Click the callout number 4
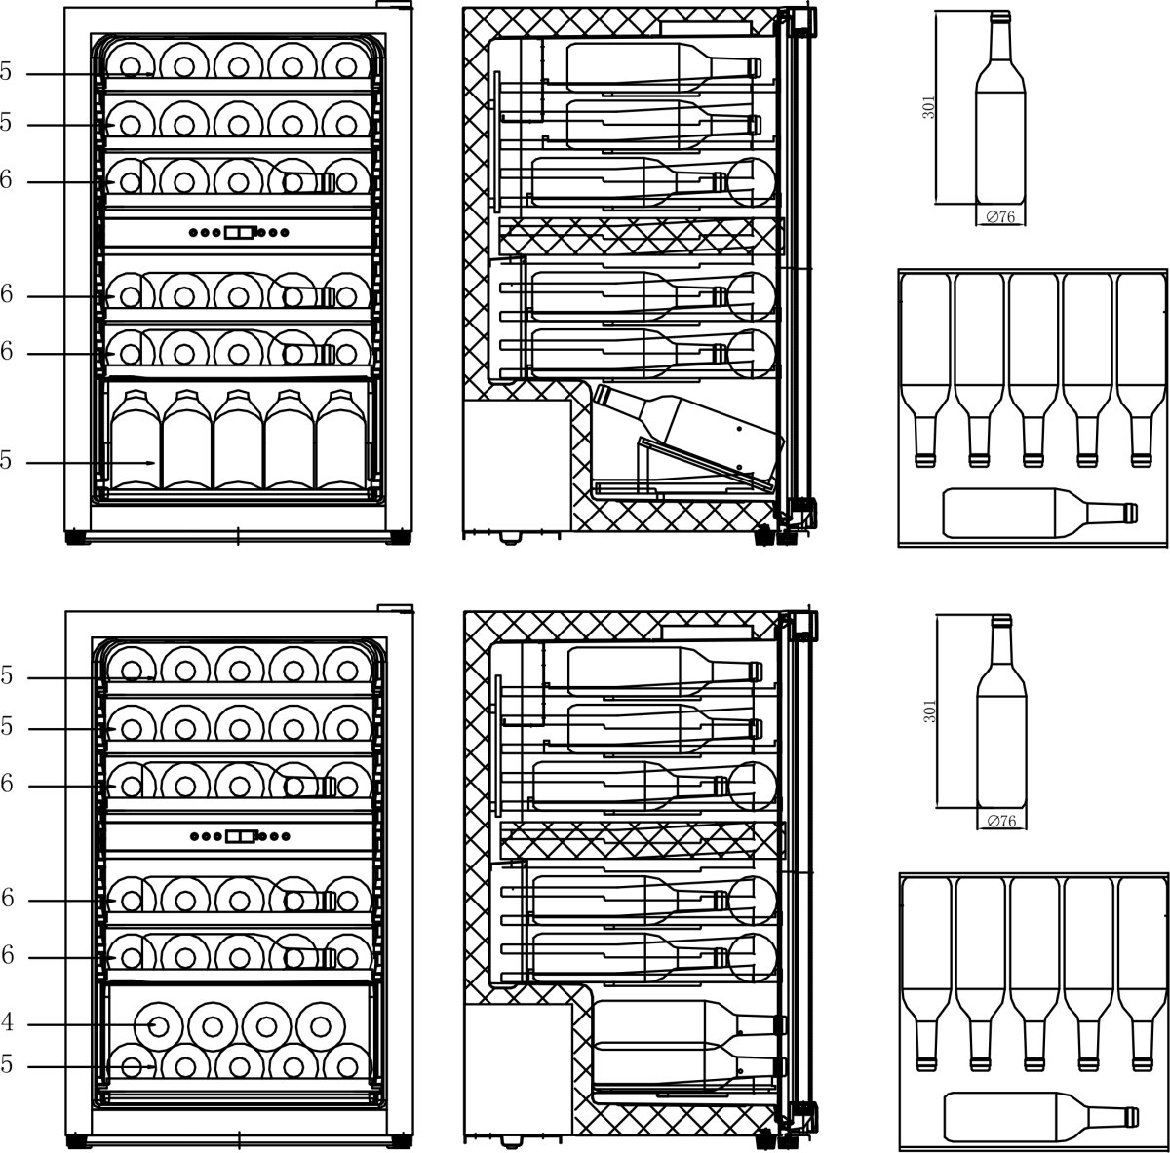[6, 1024]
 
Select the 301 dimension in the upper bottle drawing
[929, 107]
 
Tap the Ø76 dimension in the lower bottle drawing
[1001, 822]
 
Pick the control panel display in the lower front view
[239, 836]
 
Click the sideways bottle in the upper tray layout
[1038, 513]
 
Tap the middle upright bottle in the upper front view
[239, 441]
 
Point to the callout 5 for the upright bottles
[6, 462]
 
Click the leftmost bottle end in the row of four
[156, 1024]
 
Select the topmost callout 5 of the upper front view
[6, 72]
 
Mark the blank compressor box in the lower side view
[517, 1067]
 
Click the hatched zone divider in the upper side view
[642, 236]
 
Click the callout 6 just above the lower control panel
[6, 785]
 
